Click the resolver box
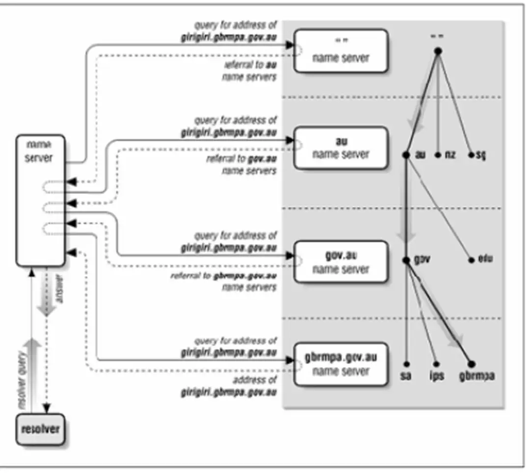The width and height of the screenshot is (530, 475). (x=40, y=429)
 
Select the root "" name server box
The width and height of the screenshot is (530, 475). (x=341, y=51)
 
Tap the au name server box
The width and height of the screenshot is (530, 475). (x=341, y=148)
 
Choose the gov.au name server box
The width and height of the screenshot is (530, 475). (x=341, y=262)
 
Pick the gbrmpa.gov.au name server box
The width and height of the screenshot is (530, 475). (x=341, y=364)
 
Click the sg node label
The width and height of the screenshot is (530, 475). (x=479, y=155)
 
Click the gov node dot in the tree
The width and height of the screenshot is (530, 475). (x=406, y=260)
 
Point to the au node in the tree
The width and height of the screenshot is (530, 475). (x=406, y=155)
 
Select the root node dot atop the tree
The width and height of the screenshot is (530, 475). (x=438, y=51)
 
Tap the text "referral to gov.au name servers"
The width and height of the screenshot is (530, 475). (x=242, y=165)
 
